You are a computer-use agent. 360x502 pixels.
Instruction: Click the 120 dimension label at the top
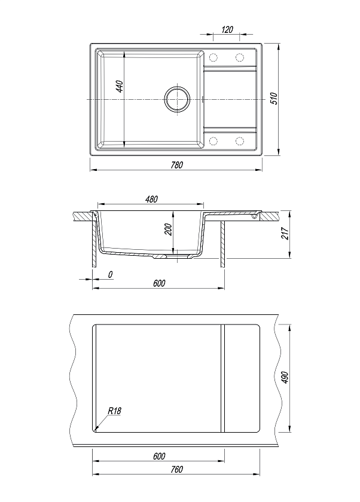click(227, 29)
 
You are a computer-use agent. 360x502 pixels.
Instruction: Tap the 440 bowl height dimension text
click(119, 87)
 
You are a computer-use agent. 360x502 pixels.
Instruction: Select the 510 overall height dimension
click(274, 98)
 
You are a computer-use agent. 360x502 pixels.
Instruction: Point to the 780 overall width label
click(176, 165)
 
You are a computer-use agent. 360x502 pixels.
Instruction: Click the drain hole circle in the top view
click(177, 98)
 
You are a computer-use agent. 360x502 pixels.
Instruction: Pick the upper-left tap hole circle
click(213, 57)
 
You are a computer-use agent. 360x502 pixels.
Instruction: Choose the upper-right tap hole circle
click(240, 57)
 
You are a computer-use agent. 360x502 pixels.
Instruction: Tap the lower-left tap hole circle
click(213, 141)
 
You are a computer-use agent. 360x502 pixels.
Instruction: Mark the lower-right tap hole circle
click(240, 141)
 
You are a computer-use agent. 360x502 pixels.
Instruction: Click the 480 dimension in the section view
click(151, 199)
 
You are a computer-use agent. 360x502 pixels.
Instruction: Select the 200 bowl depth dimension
click(169, 229)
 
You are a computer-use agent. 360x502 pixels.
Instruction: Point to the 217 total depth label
click(285, 234)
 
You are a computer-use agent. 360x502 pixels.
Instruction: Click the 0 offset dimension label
click(111, 274)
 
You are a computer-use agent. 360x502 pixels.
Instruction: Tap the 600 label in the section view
click(159, 283)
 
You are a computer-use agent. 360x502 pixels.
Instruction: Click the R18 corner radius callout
click(114, 411)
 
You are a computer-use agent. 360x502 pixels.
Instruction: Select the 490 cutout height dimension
click(285, 378)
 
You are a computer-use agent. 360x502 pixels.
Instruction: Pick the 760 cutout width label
click(176, 469)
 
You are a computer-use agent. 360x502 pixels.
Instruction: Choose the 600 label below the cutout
click(159, 456)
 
